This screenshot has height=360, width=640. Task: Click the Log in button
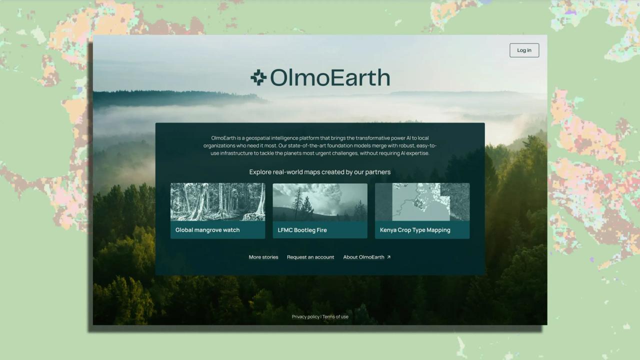click(524, 50)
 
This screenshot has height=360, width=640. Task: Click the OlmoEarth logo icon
click(258, 77)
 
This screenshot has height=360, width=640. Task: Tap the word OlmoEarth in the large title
click(330, 77)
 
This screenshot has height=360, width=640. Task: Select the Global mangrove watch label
click(207, 230)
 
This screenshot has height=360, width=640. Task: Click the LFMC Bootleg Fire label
click(302, 230)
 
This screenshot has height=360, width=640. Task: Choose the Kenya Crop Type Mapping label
click(415, 230)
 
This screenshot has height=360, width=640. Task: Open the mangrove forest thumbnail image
click(217, 202)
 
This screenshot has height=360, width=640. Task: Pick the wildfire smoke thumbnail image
click(320, 202)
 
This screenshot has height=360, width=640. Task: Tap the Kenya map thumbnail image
click(422, 202)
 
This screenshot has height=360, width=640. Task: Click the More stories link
click(263, 257)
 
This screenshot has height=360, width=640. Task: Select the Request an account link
click(310, 257)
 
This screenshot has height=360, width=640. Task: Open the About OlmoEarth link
click(363, 257)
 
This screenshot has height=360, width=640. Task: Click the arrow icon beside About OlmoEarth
click(388, 257)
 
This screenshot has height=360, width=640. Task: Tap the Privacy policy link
click(305, 316)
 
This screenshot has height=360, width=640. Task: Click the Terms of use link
click(335, 316)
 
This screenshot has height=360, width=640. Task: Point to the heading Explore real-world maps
click(320, 172)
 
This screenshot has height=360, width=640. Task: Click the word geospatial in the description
click(257, 138)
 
